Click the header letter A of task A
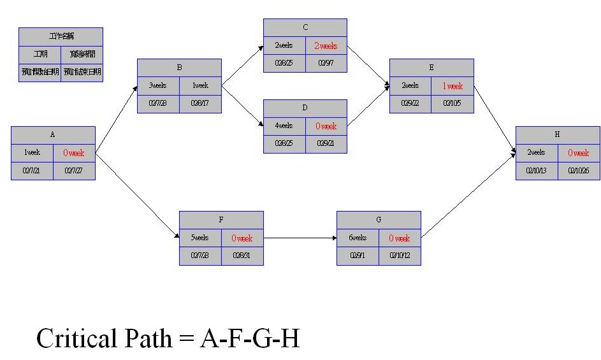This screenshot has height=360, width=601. [53, 135]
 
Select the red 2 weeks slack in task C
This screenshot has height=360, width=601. [326, 46]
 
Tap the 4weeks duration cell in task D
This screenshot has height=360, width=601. [284, 126]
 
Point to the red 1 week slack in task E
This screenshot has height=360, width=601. [453, 86]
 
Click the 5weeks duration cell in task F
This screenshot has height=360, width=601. [200, 238]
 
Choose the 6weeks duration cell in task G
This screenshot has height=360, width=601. [358, 238]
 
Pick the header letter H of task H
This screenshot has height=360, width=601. [558, 135]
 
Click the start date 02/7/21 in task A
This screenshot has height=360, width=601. [32, 171]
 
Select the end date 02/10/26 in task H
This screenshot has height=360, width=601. [579, 171]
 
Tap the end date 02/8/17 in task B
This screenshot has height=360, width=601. [200, 103]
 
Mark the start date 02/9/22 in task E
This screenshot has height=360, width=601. [410, 103]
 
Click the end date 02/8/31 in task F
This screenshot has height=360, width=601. [242, 256]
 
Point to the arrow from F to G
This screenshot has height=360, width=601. [300, 238]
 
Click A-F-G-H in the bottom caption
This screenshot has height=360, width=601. [250, 338]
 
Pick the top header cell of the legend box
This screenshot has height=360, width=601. [61, 36]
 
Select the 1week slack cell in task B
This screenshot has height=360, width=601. [200, 86]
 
